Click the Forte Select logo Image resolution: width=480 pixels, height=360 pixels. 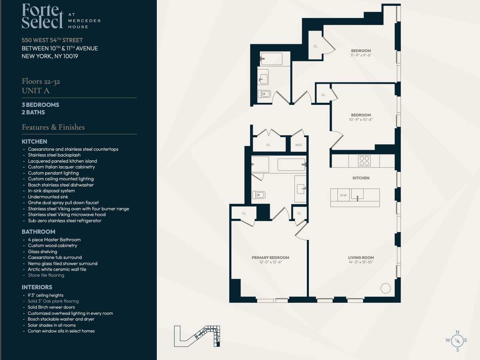click(61, 16)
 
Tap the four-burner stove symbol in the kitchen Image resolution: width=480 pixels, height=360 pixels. click(364, 161)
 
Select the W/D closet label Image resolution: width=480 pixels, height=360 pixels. click(298, 145)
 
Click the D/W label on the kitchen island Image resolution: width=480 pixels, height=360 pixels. click(343, 195)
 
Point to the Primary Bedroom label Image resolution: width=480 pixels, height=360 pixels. click(270, 258)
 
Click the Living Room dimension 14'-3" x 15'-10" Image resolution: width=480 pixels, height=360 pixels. click(361, 262)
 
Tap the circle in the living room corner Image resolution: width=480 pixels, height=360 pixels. click(386, 288)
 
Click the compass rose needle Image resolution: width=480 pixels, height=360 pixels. click(457, 340)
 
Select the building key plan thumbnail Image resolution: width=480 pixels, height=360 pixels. click(197, 336)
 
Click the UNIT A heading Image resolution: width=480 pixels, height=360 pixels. click(36, 91)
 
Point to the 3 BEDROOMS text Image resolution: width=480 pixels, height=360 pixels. click(40, 105)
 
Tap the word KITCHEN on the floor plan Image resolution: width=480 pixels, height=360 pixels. click(361, 178)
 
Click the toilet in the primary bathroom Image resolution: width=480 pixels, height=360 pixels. click(259, 195)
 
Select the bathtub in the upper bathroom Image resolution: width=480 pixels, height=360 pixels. click(272, 58)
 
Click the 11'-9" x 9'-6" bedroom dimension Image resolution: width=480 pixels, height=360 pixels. click(361, 55)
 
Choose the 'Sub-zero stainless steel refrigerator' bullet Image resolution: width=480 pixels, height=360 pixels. click(65, 220)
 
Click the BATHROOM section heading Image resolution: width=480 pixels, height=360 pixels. click(38, 232)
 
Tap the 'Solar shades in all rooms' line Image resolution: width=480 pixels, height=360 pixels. click(52, 325)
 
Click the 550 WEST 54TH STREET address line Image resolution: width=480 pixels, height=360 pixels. click(52, 40)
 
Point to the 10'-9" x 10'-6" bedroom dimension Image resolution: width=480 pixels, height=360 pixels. click(361, 120)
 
